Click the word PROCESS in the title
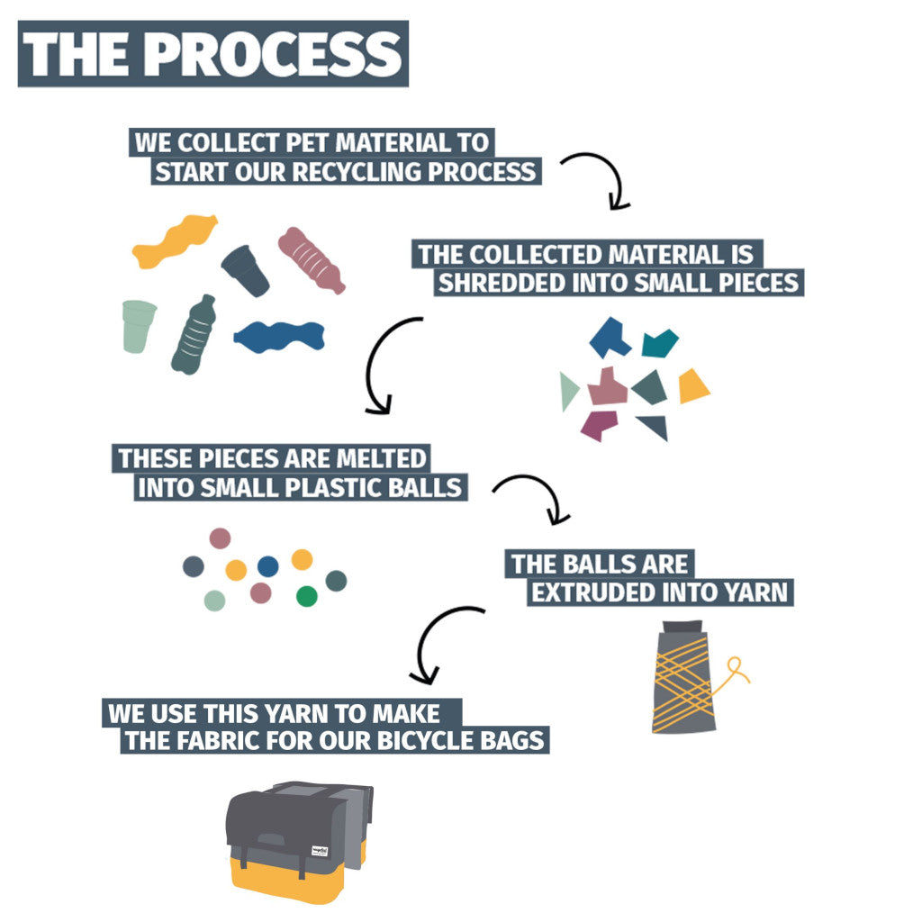(275, 53)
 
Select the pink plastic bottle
(311, 259)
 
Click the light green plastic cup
(139, 326)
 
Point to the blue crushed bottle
(279, 336)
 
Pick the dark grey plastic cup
(246, 270)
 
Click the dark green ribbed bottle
(194, 335)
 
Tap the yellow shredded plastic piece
(692, 386)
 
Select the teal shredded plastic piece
(659, 342)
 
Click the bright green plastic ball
(307, 595)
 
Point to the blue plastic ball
(267, 565)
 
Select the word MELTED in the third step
(382, 457)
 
